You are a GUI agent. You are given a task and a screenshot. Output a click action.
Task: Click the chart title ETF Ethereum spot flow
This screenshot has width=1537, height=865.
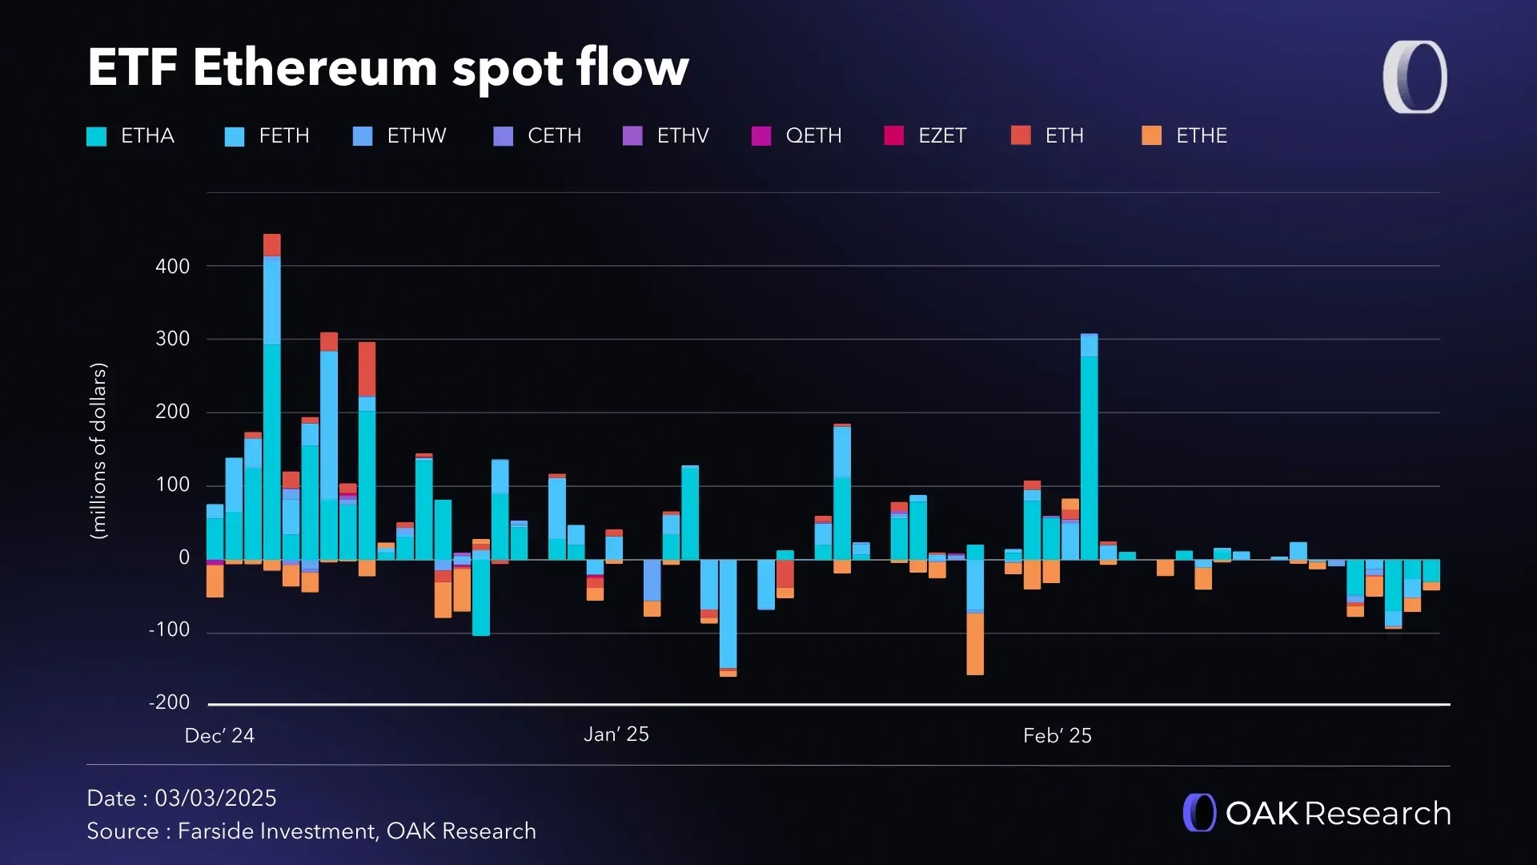pos(388,67)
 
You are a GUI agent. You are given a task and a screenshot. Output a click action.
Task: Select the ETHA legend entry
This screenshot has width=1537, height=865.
pos(131,136)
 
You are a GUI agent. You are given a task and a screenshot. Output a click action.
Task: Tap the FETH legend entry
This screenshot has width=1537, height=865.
pos(268,136)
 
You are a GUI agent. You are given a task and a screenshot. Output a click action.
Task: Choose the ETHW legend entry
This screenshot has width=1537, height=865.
pos(400,136)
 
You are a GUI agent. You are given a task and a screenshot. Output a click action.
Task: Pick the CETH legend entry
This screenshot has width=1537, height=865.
pos(538,136)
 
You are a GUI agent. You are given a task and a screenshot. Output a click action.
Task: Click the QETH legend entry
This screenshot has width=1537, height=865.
pos(797,136)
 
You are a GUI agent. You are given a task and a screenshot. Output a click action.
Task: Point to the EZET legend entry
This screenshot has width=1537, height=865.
pos(926,136)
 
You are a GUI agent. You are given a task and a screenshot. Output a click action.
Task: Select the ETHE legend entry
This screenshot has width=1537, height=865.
pos(1185,136)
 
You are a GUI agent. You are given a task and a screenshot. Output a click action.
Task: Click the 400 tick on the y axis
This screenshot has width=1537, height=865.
pos(172,267)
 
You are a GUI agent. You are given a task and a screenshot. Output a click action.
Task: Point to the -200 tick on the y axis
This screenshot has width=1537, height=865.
pos(170,702)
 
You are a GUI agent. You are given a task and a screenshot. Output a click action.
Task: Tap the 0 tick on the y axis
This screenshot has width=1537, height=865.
pos(184,557)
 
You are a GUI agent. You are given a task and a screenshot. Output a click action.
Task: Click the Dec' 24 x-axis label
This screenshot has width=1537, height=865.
pos(219,736)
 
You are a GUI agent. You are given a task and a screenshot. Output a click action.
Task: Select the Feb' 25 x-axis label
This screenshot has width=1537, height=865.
pos(1057,736)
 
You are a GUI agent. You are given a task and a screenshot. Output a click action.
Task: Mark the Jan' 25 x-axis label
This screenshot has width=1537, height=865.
pos(616,734)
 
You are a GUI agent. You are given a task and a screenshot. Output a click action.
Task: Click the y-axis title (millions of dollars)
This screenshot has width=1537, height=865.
pos(98,451)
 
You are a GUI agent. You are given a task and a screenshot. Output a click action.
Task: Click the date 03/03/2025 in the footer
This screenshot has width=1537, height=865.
pos(215,799)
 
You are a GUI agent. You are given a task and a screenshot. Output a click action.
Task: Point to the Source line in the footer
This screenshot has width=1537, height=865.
pos(311,831)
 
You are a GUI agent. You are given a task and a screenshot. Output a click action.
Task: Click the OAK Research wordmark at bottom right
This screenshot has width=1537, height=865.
pos(1318,813)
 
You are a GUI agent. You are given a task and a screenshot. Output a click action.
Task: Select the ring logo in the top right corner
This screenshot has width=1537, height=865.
pos(1415,77)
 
